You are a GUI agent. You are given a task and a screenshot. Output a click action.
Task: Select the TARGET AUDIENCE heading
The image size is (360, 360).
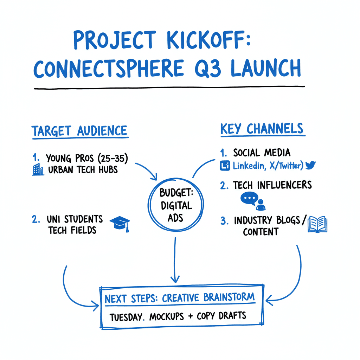click(x=80, y=131)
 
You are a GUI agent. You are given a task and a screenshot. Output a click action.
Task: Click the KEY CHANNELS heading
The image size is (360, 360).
click(x=262, y=129)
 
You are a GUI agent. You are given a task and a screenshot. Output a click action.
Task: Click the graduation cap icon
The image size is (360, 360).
click(x=120, y=224)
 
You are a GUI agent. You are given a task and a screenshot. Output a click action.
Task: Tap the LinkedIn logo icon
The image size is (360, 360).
click(x=225, y=165)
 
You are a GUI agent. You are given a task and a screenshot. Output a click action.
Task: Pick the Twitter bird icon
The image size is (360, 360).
click(x=310, y=165)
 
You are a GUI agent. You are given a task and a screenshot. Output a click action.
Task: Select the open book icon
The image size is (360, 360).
click(x=317, y=225)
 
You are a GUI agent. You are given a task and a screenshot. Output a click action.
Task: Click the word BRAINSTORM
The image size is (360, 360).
click(x=229, y=297)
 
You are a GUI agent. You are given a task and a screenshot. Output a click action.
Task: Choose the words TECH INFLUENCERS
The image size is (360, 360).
click(x=272, y=185)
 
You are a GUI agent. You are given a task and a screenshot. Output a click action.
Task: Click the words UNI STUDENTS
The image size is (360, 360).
click(x=75, y=219)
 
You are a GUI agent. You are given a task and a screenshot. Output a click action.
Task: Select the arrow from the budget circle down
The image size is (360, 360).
click(x=174, y=260)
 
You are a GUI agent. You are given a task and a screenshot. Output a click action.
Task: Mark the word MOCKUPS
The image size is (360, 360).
click(x=167, y=316)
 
